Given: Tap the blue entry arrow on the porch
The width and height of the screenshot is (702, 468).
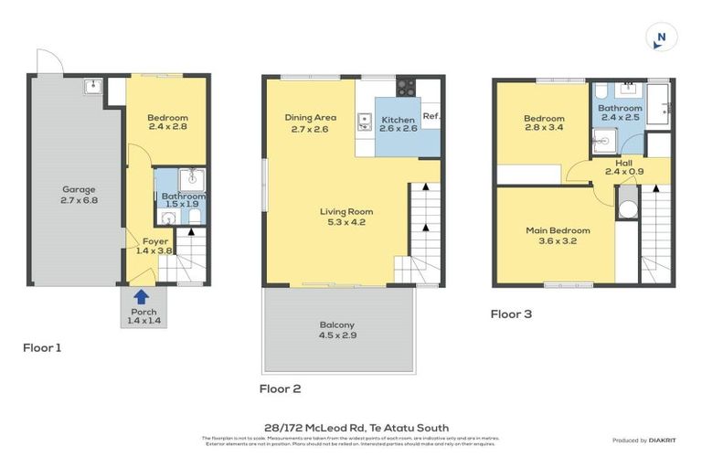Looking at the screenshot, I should [141, 296].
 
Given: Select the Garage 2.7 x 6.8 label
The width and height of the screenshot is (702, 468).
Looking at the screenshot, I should [79, 195].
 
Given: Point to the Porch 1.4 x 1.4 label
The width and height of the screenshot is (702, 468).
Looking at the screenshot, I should [143, 316].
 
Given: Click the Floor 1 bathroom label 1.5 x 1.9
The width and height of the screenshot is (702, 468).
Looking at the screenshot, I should [183, 200].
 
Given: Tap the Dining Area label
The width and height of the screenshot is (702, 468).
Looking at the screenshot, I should [310, 122].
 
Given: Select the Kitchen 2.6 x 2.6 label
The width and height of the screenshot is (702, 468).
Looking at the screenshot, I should [398, 124].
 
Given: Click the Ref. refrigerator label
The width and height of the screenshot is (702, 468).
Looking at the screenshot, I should [431, 116].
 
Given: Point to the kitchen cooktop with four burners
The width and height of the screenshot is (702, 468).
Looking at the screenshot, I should [406, 88].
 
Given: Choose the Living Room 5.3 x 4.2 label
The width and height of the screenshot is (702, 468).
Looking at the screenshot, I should [346, 217].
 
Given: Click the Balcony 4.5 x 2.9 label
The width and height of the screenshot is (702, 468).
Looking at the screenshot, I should [337, 330].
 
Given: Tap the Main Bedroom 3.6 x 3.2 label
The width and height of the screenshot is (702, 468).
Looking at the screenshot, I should [558, 236].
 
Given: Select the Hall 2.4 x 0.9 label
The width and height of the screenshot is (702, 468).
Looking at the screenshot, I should [624, 166].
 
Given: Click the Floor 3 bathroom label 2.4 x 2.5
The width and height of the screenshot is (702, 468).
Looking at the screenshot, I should [620, 112].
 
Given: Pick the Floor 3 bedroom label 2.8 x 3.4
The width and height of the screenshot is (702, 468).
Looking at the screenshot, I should [544, 123].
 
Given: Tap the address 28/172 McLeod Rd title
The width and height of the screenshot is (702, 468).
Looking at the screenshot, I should [356, 427].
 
